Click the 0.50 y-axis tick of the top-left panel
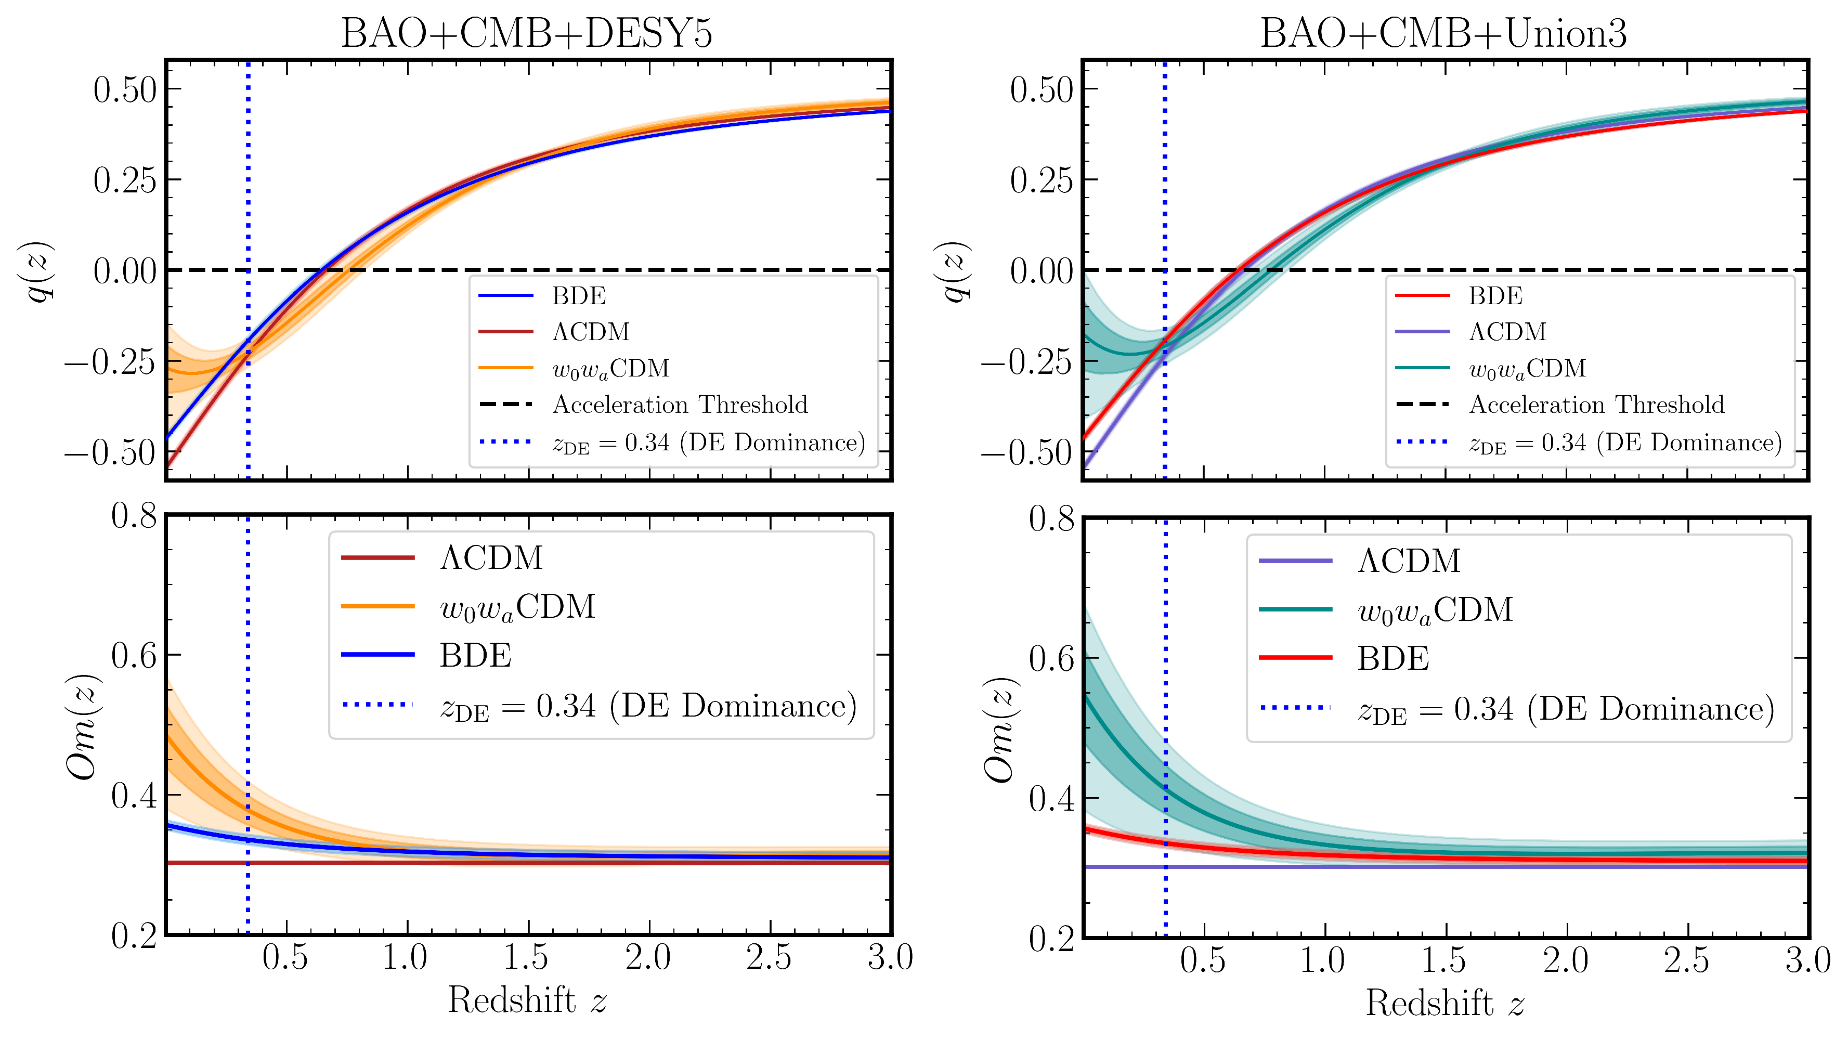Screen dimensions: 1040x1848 click(x=125, y=89)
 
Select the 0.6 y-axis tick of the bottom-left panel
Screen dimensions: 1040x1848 click(x=134, y=655)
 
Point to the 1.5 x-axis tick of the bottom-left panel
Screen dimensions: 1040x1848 click(x=527, y=958)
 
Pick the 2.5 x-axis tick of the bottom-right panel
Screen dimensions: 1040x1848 click(x=1687, y=961)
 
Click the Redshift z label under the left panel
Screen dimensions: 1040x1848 click(x=527, y=1000)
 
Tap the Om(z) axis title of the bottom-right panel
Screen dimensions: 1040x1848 click(x=999, y=729)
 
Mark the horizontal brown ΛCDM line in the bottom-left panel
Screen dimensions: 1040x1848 click(x=574, y=862)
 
